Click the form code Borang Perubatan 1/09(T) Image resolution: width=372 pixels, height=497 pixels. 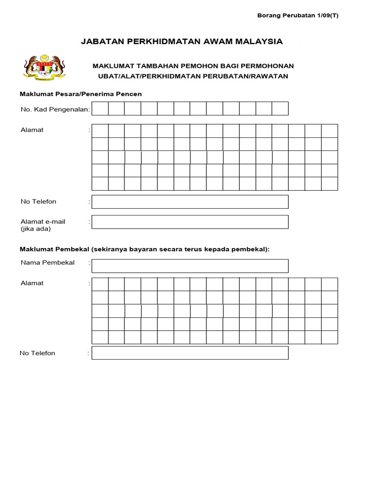tap(297, 15)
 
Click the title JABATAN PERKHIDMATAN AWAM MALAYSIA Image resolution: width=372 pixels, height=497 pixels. tap(182, 42)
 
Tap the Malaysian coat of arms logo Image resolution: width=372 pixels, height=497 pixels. tap(44, 67)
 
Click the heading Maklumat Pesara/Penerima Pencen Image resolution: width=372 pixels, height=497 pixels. tap(80, 94)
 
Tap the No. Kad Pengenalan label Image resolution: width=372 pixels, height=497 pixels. tap(55, 110)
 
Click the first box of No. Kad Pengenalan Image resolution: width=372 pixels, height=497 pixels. tap(100, 109)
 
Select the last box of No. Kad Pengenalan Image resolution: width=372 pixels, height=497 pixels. tap(280, 109)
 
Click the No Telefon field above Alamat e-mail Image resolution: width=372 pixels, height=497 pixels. tap(190, 202)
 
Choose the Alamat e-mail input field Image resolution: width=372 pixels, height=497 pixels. tap(190, 222)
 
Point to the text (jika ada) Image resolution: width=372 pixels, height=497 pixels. tap(35, 229)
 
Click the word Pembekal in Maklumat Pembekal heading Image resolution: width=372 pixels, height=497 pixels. tap(73, 249)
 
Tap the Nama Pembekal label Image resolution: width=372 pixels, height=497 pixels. tap(47, 263)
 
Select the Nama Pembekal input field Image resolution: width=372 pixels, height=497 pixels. tap(190, 266)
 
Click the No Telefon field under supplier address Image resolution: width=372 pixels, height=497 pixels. tap(190, 353)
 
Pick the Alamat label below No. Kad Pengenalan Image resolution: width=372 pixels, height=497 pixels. tap(32, 130)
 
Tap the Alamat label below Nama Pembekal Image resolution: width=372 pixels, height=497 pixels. tap(32, 283)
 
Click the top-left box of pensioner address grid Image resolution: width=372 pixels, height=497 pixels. tap(100, 131)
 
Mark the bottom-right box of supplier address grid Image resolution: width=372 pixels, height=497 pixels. tap(329, 337)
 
